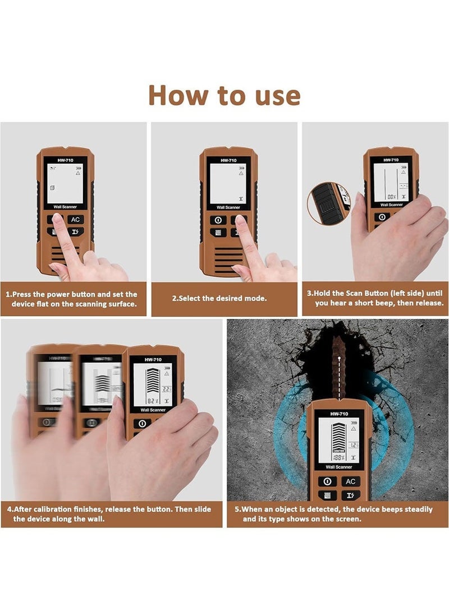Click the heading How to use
click(224, 95)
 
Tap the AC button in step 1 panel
click(76, 219)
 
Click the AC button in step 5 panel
click(351, 481)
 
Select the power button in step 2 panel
click(218, 220)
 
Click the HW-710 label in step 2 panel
click(228, 160)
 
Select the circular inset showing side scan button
click(329, 204)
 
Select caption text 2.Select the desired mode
click(219, 298)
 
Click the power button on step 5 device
click(327, 481)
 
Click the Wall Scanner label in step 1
click(65, 207)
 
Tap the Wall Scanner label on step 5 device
click(339, 467)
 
